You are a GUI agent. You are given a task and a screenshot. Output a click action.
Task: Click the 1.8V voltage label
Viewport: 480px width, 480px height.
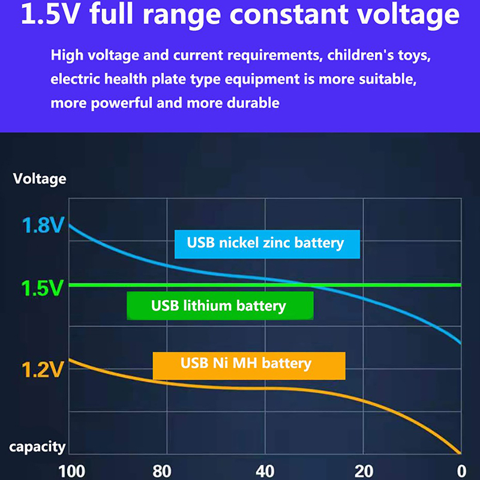coord(42,227)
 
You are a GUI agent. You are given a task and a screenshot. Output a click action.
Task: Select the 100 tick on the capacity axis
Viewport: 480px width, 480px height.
coord(72,470)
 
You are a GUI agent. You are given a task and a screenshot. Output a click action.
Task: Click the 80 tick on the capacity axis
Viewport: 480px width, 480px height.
coord(162,470)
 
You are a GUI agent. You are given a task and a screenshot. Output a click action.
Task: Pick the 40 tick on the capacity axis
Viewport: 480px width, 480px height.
coord(265,470)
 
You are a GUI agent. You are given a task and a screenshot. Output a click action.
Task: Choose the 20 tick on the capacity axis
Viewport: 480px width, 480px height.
coord(364,470)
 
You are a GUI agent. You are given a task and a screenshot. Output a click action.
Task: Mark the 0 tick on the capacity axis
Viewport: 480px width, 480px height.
coord(460,470)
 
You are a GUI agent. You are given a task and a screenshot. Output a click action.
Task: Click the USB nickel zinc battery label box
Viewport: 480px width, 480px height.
coord(267,244)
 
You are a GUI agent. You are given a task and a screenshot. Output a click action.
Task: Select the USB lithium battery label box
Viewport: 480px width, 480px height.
coord(220,305)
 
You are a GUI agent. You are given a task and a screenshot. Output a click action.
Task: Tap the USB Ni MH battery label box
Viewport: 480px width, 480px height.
coord(249,364)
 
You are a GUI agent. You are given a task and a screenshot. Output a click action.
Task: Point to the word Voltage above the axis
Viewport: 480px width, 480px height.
coord(40,179)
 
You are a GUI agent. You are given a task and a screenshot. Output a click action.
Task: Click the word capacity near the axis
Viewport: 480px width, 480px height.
coord(37,446)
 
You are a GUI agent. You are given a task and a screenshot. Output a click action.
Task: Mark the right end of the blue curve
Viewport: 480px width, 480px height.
coord(460,343)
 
